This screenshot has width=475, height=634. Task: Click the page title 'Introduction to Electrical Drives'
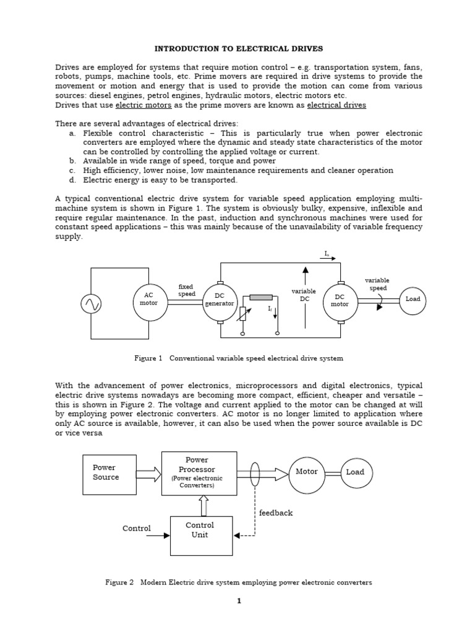pos(238,48)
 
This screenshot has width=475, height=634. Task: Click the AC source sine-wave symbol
pos(91,303)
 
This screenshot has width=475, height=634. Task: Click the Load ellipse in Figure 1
pos(413,299)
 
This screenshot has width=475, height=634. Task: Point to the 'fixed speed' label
pos(186,290)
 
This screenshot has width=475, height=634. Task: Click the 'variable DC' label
pos(304,295)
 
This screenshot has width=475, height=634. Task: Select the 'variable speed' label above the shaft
pos(377,284)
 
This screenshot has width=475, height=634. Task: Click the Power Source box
pos(109,474)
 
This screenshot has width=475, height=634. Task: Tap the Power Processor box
pos(199,473)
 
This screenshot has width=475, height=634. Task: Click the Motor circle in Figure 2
pos(307,474)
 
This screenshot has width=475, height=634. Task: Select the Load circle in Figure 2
pos(355,472)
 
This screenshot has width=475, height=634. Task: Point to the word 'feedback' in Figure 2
pos(276,513)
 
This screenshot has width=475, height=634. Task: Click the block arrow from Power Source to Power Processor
pos(148,475)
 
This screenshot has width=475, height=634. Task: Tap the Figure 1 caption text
pos(238,358)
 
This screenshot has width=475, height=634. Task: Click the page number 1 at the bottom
pos(238,601)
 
